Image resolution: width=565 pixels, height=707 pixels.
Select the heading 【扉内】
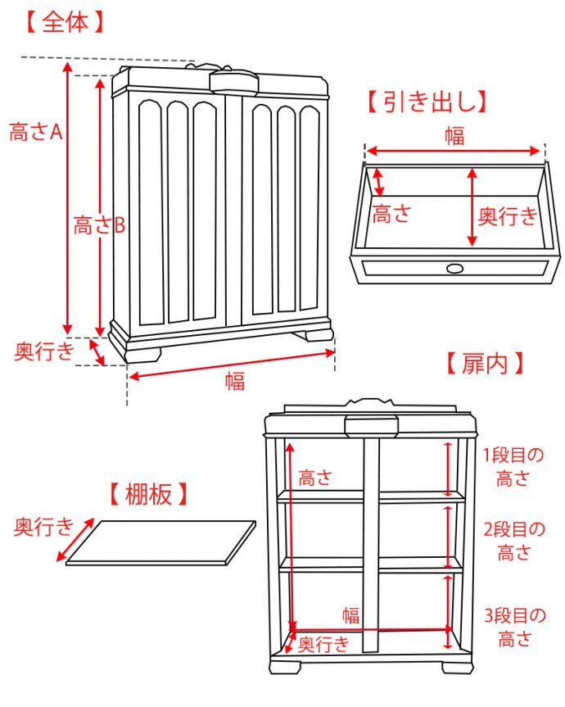click(484, 363)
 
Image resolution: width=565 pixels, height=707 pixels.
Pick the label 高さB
click(99, 226)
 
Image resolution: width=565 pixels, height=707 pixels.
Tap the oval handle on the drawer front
click(454, 268)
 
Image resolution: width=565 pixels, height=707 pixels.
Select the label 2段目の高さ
click(513, 541)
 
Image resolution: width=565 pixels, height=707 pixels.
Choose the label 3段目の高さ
click(513, 627)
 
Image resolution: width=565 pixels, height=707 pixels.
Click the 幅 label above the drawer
click(454, 136)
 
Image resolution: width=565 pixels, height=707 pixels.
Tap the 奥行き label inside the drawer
click(508, 216)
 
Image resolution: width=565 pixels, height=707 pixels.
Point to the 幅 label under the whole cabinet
click(235, 381)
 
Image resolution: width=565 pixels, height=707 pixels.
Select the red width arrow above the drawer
click(454, 151)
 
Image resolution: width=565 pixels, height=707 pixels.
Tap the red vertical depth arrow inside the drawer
click(472, 207)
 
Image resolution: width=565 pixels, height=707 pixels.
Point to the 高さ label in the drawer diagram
click(391, 215)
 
